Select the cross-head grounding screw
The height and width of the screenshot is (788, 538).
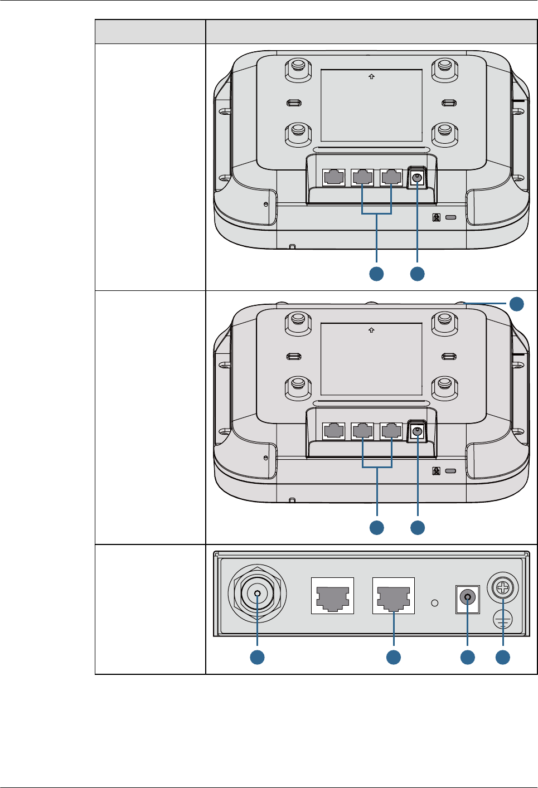coord(503,588)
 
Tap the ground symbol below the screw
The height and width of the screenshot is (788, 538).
coord(503,619)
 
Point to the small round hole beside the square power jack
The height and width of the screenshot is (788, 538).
coord(435,603)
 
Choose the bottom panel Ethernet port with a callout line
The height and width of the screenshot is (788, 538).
coord(394,596)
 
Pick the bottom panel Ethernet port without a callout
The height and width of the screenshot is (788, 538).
coord(332,596)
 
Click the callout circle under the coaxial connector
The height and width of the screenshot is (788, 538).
coord(257,657)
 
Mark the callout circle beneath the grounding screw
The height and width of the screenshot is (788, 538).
coord(503,657)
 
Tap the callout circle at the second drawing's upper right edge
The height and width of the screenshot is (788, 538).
coord(517,304)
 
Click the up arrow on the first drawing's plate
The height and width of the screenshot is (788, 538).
coord(371,77)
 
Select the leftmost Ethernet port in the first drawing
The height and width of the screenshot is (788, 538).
coord(333,178)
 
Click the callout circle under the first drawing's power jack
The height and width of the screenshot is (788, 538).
coord(418,274)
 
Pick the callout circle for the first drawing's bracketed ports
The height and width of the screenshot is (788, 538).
coord(377,274)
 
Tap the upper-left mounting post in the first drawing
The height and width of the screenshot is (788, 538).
coord(297,68)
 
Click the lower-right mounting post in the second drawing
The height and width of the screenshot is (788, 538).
coord(444,385)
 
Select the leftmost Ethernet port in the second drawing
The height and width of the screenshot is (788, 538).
coord(333,431)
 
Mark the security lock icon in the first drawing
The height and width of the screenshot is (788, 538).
coord(437,217)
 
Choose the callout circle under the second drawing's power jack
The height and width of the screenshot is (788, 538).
coord(418,527)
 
